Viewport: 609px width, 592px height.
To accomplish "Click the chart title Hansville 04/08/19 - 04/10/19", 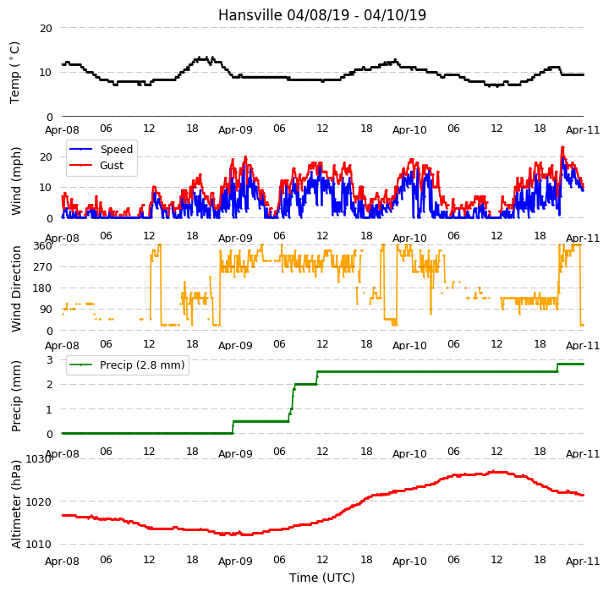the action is [322, 15].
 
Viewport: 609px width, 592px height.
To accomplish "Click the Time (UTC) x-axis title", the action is [322, 578].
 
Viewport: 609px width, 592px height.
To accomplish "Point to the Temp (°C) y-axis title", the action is [14, 73].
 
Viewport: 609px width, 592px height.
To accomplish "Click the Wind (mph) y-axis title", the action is [15, 182].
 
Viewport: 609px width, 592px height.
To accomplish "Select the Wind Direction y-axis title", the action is [16, 288].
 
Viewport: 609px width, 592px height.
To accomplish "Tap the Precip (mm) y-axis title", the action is [15, 397].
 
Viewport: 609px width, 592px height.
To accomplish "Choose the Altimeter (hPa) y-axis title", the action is [15, 504].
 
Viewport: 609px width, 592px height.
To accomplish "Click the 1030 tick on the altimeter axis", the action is [38, 459].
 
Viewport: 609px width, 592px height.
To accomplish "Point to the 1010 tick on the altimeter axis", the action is [38, 545].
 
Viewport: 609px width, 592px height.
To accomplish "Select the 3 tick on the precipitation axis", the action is [49, 359].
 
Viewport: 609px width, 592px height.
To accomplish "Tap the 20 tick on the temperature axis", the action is [46, 29].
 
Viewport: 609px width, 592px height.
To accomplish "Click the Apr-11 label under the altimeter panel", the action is [583, 562].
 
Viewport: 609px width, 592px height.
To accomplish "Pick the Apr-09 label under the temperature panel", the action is [235, 129].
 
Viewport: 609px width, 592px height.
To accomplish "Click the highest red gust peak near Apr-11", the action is [562, 147].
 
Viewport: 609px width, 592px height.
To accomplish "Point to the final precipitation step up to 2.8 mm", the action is [557, 368].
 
